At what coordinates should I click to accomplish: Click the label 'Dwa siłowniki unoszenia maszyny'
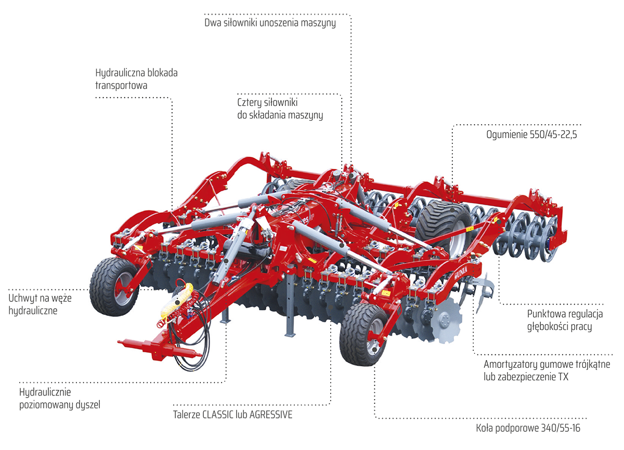click(270, 23)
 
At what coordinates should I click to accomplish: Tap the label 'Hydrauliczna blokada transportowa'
click(136, 78)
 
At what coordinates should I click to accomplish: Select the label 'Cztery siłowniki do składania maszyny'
click(280, 109)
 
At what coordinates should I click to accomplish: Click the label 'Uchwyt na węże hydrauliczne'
click(40, 304)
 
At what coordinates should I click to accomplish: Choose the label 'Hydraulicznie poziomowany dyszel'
click(59, 398)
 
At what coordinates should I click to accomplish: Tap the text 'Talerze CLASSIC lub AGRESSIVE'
click(232, 415)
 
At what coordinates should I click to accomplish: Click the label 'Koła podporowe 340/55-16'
click(528, 429)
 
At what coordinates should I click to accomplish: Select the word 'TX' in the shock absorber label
click(563, 377)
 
